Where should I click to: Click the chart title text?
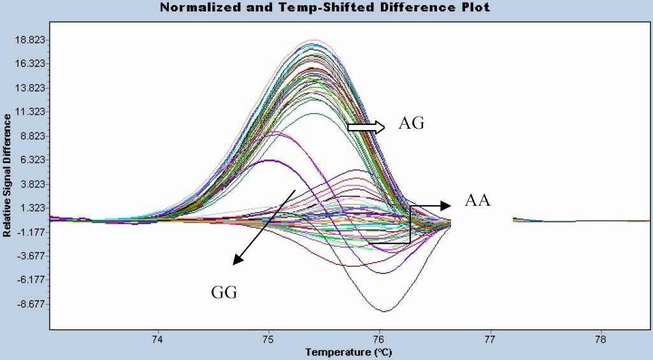(326, 8)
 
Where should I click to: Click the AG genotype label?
(412, 124)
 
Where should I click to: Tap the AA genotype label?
(477, 201)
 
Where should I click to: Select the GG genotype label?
(224, 292)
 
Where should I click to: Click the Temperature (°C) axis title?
(348, 352)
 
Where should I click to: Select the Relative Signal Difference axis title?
(7, 175)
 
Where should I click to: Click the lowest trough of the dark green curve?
(385, 311)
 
